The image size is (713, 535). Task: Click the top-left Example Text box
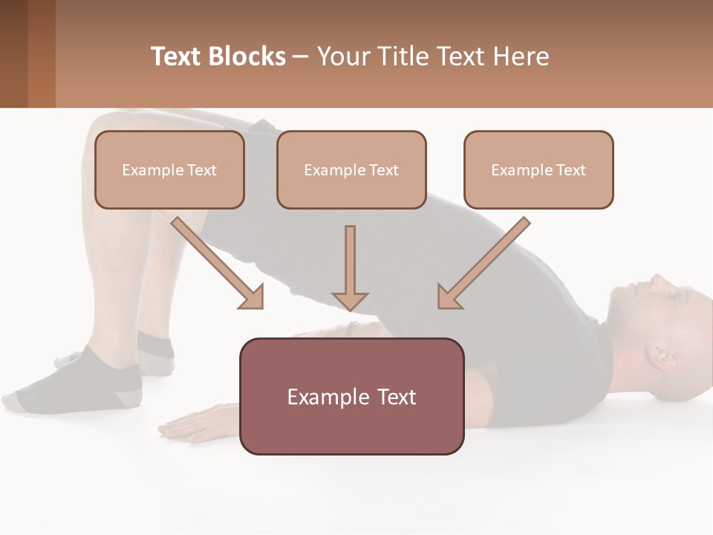169,169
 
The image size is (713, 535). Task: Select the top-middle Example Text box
351,169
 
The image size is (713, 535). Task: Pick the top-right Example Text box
538,169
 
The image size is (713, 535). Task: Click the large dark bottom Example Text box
351,396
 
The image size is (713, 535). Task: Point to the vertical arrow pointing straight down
350,267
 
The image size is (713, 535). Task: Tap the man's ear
663,358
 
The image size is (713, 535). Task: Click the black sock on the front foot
82,383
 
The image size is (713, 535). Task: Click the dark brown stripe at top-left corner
13,53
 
